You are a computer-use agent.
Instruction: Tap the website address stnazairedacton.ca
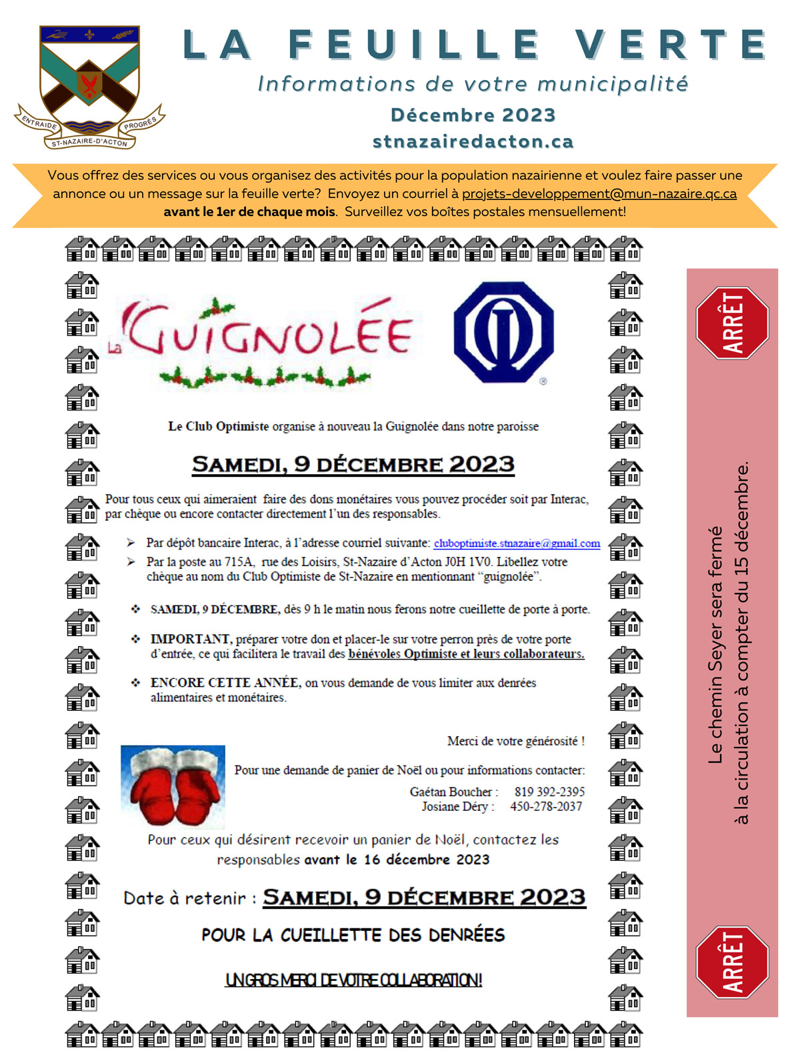click(x=473, y=141)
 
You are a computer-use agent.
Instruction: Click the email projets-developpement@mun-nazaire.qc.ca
click(x=599, y=194)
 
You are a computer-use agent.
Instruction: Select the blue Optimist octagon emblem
click(x=503, y=331)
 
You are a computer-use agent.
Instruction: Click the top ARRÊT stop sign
click(x=732, y=323)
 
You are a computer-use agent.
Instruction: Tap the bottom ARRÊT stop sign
click(x=732, y=962)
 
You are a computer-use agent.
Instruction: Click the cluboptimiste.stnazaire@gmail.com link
click(x=517, y=544)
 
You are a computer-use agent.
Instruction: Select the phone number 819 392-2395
click(x=549, y=792)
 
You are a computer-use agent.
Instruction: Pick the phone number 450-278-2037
click(x=546, y=806)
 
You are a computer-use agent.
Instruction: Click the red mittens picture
click(x=173, y=787)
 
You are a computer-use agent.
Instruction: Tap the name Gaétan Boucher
click(x=451, y=792)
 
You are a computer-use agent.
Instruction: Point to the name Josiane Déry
click(x=455, y=806)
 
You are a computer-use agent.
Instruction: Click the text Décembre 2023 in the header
click(x=473, y=115)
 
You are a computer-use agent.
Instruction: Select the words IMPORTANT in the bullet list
click(x=190, y=639)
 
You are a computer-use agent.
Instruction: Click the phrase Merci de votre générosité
click(x=515, y=741)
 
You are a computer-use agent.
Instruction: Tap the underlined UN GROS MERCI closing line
click(x=353, y=980)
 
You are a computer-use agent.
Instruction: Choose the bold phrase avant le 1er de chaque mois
click(x=249, y=212)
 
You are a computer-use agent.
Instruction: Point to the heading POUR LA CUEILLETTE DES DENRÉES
click(x=353, y=935)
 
